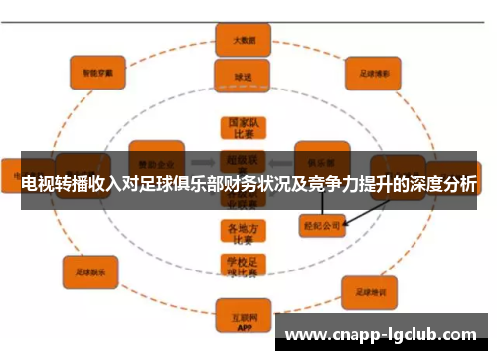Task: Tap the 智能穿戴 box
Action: click(x=97, y=70)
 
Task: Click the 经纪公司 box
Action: click(x=324, y=225)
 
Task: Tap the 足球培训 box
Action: click(x=370, y=292)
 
